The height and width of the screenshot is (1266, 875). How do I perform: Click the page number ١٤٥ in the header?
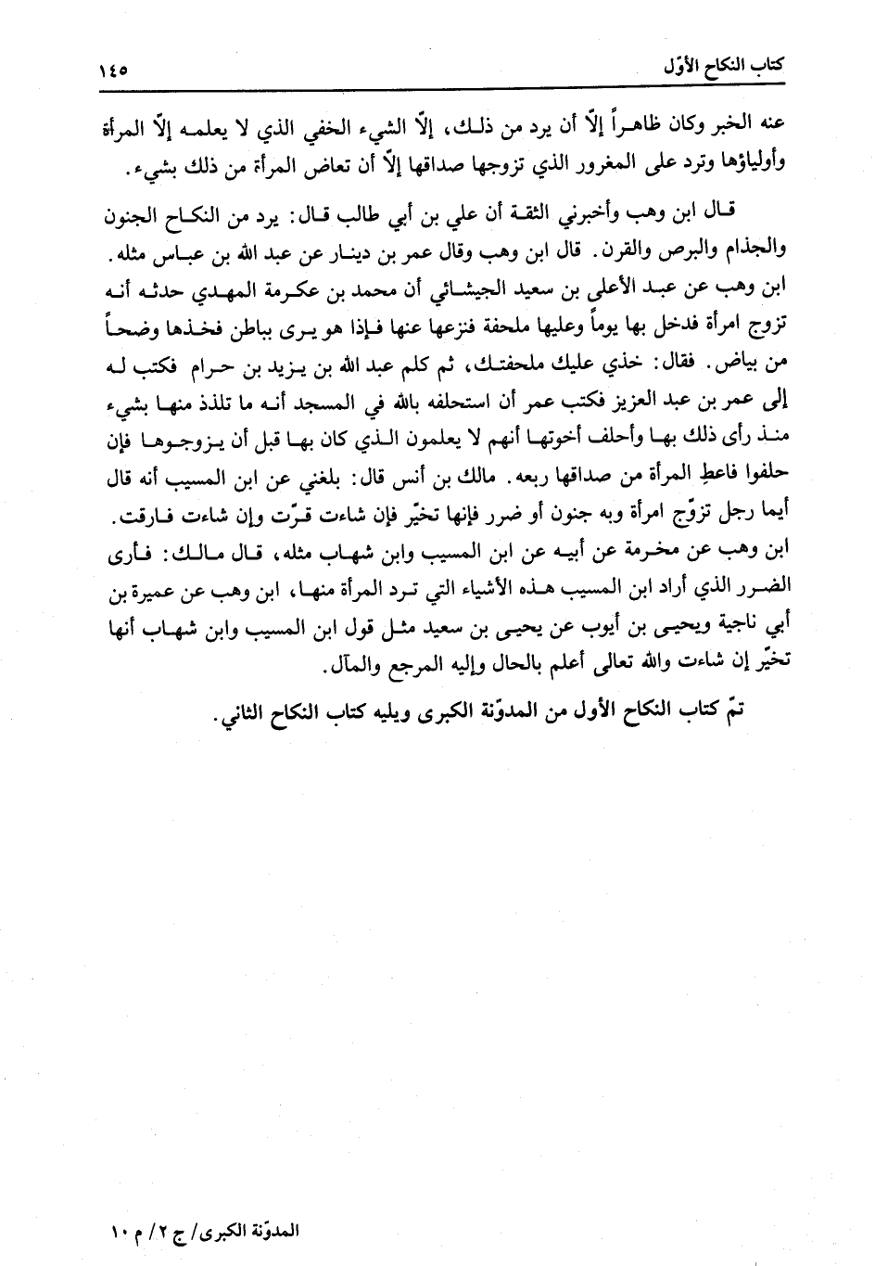coord(113,70)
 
